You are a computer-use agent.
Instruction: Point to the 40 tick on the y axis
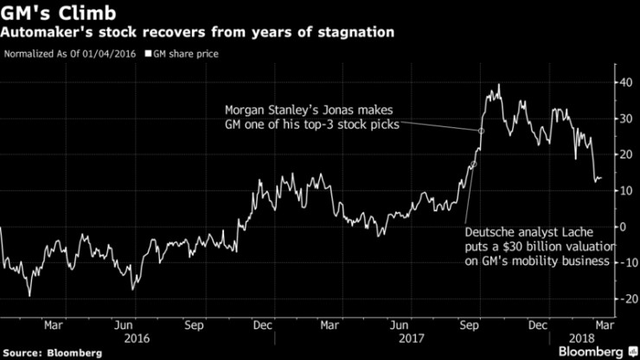pyautogui.click(x=623, y=82)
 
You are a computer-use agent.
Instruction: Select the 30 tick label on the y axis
pyautogui.click(x=623, y=119)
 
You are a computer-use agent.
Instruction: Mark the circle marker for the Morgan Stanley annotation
pyautogui.click(x=481, y=131)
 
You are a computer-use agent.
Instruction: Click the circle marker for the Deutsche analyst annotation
pyautogui.click(x=473, y=164)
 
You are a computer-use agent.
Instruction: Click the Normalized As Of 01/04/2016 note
pyautogui.click(x=71, y=54)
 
